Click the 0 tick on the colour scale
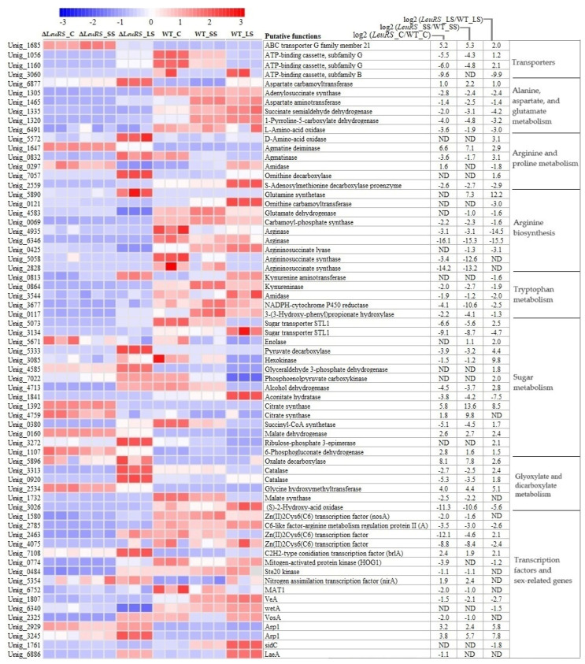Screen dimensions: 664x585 coord(152,22)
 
